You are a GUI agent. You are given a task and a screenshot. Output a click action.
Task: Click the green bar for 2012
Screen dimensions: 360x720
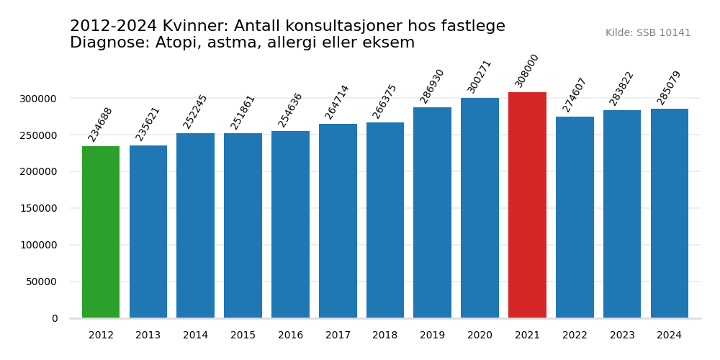[101, 232]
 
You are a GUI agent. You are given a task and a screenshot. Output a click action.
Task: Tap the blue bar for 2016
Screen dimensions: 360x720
[290, 224]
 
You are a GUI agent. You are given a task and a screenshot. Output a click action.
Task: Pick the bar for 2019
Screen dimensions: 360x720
[432, 212]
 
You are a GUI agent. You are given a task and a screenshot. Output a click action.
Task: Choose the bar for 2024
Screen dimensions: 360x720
[670, 213]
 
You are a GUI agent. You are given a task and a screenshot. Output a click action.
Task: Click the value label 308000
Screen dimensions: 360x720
[527, 71]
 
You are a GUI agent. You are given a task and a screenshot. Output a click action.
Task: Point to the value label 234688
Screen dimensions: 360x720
[101, 124]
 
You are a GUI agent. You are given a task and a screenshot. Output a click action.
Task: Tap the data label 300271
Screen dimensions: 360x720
[480, 76]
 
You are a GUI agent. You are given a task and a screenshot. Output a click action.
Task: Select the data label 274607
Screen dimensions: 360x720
[575, 95]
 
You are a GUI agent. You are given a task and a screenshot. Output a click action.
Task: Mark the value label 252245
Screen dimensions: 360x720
[195, 112]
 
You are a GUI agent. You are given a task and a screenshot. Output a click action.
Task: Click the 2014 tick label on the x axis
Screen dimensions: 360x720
[195, 336]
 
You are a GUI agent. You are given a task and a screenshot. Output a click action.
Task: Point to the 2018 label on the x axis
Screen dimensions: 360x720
[385, 336]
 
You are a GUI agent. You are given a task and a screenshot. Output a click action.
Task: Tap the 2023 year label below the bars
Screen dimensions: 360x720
[622, 336]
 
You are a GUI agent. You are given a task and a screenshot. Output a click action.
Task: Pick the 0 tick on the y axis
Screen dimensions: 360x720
[55, 318]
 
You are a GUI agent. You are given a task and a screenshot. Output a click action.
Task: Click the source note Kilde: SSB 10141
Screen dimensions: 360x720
[648, 33]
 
